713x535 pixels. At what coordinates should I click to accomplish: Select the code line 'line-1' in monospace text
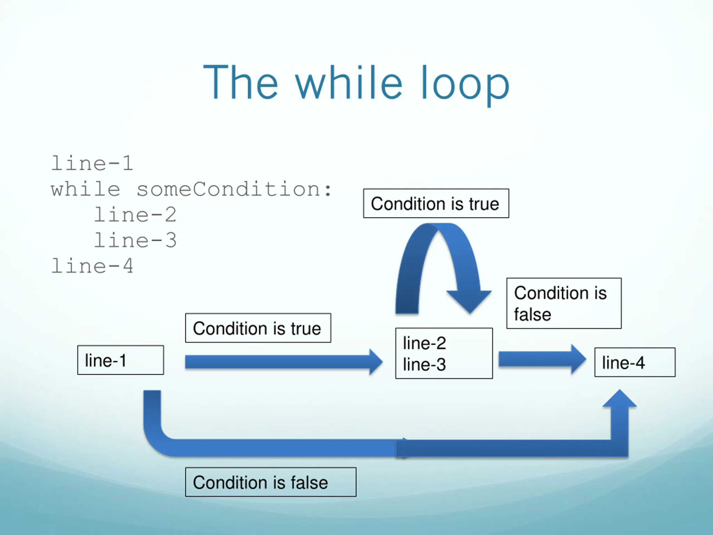(92, 163)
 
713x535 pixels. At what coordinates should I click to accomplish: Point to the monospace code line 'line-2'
(135, 215)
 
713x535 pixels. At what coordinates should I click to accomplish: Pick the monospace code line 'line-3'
(135, 240)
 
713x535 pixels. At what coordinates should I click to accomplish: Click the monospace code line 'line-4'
(92, 266)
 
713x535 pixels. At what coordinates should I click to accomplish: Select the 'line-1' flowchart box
(121, 360)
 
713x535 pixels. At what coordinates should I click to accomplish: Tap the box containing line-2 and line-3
(444, 353)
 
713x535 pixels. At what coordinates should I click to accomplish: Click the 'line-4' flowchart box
(635, 362)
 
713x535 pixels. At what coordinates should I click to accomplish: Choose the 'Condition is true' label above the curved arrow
(436, 203)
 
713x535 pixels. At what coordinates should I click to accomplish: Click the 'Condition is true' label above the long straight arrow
(258, 328)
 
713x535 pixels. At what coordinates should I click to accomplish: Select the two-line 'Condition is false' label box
(564, 303)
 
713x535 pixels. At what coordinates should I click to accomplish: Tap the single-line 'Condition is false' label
(271, 482)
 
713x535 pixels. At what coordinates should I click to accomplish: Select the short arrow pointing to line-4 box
(543, 359)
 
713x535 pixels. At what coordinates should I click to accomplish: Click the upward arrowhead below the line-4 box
(619, 398)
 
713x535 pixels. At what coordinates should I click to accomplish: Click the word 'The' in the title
(240, 82)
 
